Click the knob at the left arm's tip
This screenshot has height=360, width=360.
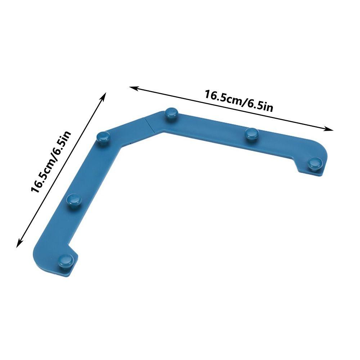[66, 259]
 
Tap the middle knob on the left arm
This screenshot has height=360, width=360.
[75, 199]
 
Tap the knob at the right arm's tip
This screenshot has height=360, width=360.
[316, 163]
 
